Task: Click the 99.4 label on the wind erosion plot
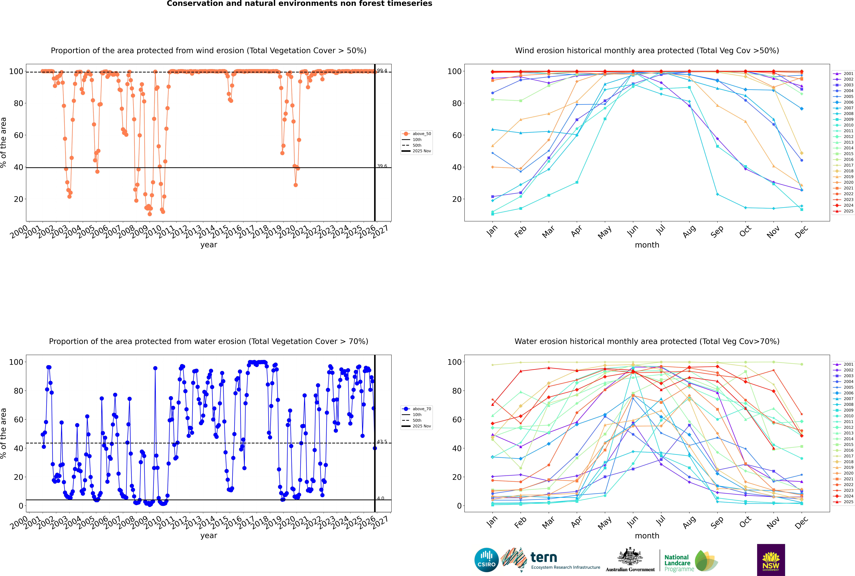(382, 71)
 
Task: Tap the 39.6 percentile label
(382, 166)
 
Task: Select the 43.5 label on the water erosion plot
(382, 442)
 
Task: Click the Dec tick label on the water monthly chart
(801, 522)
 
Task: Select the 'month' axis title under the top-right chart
(647, 245)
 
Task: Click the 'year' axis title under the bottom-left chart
(209, 536)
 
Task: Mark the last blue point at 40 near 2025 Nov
(375, 448)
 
